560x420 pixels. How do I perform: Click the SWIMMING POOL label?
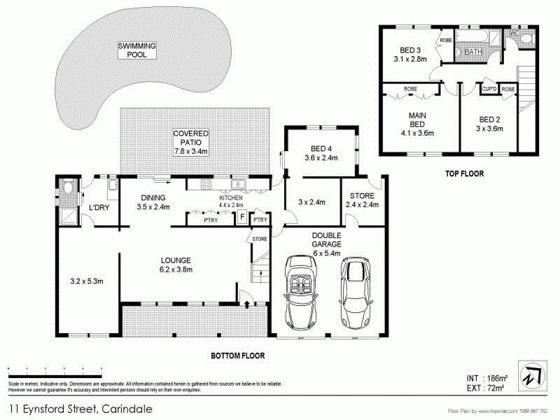pyautogui.click(x=136, y=50)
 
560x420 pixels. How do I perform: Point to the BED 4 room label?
pyautogui.click(x=321, y=153)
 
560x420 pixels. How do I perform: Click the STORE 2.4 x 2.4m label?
pyautogui.click(x=361, y=200)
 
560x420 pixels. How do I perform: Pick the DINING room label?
pyautogui.click(x=153, y=202)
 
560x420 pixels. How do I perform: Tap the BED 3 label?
pyautogui.click(x=410, y=55)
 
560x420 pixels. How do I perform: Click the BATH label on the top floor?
pyautogui.click(x=473, y=52)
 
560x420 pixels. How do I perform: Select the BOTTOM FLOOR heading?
pyautogui.click(x=238, y=356)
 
